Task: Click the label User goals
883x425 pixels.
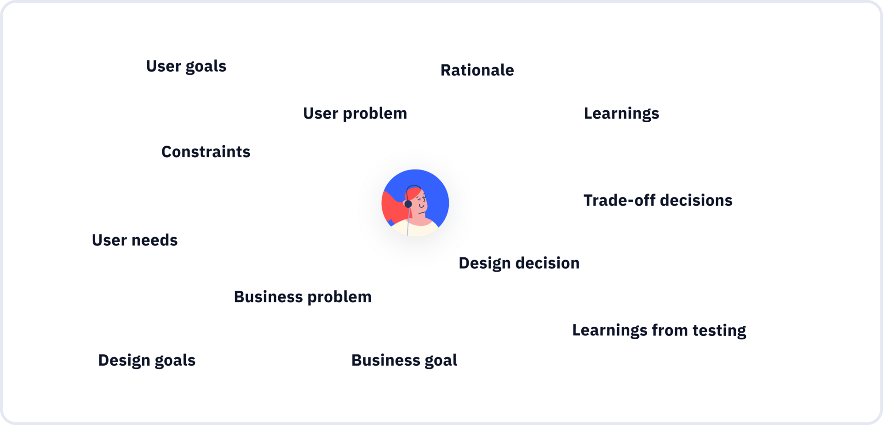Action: pyautogui.click(x=186, y=67)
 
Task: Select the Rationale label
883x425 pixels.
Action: pyautogui.click(x=477, y=70)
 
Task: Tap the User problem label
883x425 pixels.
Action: pyautogui.click(x=355, y=114)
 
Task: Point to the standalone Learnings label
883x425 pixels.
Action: pyautogui.click(x=621, y=114)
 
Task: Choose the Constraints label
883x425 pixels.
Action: pyautogui.click(x=206, y=152)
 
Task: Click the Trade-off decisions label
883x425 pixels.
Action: pyautogui.click(x=658, y=200)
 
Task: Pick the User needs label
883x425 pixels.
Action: pyautogui.click(x=135, y=240)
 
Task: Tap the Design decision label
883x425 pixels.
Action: pyautogui.click(x=519, y=264)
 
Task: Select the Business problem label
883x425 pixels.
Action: pyautogui.click(x=303, y=297)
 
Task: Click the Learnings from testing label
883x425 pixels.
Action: pyautogui.click(x=659, y=331)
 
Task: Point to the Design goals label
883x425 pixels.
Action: pyautogui.click(x=147, y=361)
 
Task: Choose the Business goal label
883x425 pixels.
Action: pyautogui.click(x=404, y=361)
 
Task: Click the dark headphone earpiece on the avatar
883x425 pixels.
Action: pyautogui.click(x=408, y=204)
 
